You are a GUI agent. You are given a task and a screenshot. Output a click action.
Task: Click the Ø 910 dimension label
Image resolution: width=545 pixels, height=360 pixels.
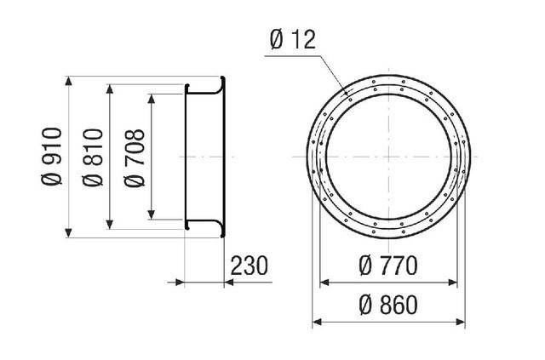pos(52,157)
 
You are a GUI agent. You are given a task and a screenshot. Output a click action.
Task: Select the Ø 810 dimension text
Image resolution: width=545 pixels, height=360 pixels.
pos(93,157)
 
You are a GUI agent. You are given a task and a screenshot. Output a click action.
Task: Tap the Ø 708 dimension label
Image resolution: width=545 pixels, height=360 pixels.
pos(135,158)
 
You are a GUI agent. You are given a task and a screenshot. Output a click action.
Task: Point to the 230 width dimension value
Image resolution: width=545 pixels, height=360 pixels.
pos(250,266)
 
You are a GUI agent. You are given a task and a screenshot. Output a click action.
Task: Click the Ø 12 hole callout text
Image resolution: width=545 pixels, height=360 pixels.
pos(293,39)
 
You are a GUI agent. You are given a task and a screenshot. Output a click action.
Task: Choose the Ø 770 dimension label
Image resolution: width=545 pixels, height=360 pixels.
pos(388,266)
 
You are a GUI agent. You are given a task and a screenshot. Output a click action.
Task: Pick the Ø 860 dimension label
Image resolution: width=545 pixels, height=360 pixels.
pos(388,305)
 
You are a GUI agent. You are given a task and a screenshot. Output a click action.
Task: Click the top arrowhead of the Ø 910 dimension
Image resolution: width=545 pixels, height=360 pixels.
pos(68,81)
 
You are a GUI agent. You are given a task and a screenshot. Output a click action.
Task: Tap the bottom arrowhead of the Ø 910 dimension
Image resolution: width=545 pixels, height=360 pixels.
pos(68,233)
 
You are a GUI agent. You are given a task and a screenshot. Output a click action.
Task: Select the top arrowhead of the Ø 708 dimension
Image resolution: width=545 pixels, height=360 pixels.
pos(152,99)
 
